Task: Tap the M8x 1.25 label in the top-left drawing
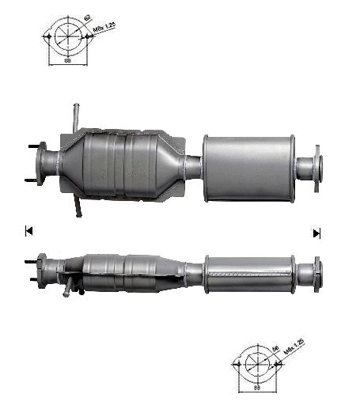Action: click(104, 31)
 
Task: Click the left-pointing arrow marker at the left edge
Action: click(28, 231)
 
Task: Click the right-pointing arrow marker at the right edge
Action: click(316, 233)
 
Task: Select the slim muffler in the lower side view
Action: click(248, 273)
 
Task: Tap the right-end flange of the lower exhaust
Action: click(316, 272)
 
